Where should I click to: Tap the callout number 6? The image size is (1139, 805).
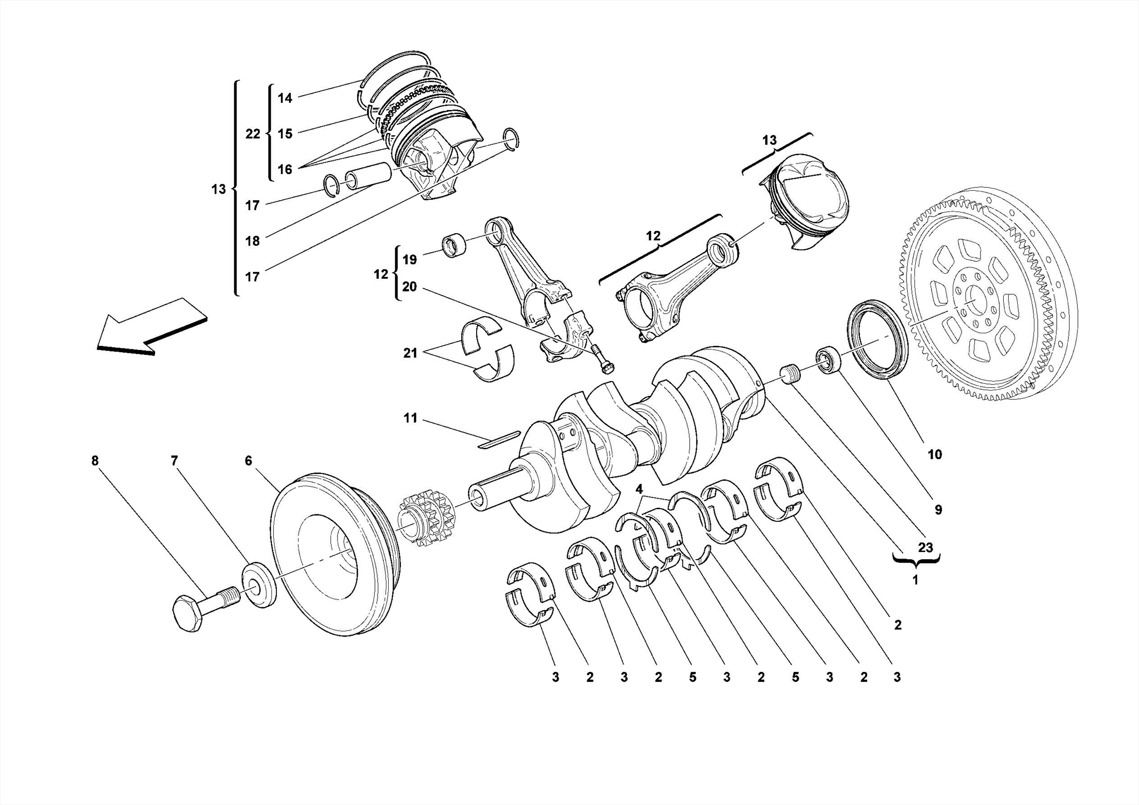click(x=248, y=461)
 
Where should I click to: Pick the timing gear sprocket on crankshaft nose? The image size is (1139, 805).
click(x=425, y=517)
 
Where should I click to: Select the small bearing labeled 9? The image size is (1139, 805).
click(x=829, y=360)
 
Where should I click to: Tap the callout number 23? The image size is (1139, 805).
click(x=925, y=547)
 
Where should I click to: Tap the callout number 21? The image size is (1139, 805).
click(x=410, y=353)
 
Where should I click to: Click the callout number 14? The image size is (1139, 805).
click(x=285, y=98)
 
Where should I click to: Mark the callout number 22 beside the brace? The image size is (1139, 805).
click(x=252, y=134)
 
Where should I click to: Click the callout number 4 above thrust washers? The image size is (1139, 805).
click(x=639, y=489)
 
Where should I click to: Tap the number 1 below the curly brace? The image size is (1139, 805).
click(x=915, y=581)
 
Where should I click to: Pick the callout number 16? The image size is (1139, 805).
click(x=285, y=169)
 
